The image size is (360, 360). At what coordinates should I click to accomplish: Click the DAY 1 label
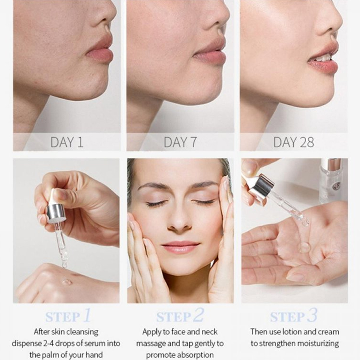[x=67, y=142]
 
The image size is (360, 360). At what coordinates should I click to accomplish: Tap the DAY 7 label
[x=180, y=142]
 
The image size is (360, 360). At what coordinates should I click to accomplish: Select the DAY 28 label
[x=293, y=142]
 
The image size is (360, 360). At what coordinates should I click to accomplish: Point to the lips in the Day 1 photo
[x=100, y=50]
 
